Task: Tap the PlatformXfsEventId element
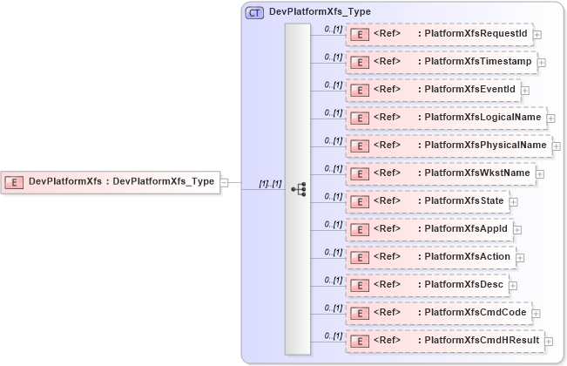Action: [433, 90]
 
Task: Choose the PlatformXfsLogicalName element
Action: [445, 118]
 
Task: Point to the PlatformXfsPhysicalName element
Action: [448, 146]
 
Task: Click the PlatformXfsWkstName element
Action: [441, 173]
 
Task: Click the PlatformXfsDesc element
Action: [427, 285]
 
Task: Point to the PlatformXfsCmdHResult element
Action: [445, 341]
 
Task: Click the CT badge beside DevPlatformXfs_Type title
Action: [254, 12]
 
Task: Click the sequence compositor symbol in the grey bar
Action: [298, 189]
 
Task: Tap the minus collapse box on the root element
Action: [225, 182]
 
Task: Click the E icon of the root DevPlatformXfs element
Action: [14, 182]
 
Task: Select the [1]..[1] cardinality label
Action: [270, 184]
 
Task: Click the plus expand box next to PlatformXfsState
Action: [514, 202]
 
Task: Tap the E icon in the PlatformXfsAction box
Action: [357, 257]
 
